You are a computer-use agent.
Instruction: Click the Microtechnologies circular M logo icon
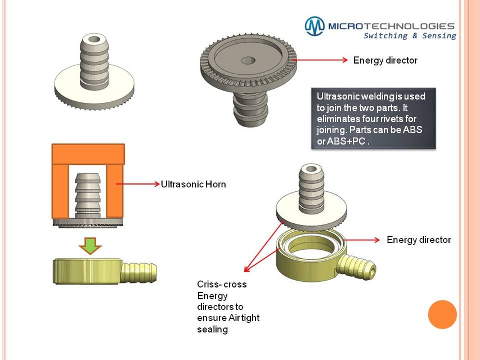315,26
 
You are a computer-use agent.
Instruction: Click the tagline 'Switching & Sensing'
410,36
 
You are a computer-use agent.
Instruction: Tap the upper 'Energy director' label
385,60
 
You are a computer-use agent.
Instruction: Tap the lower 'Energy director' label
419,240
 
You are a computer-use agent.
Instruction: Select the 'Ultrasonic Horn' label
193,184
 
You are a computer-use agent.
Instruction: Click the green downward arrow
88,245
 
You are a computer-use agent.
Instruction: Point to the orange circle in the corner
442,314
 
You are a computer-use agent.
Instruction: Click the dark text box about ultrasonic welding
373,118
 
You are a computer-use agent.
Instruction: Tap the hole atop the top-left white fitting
92,41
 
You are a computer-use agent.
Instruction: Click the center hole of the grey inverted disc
246,60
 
